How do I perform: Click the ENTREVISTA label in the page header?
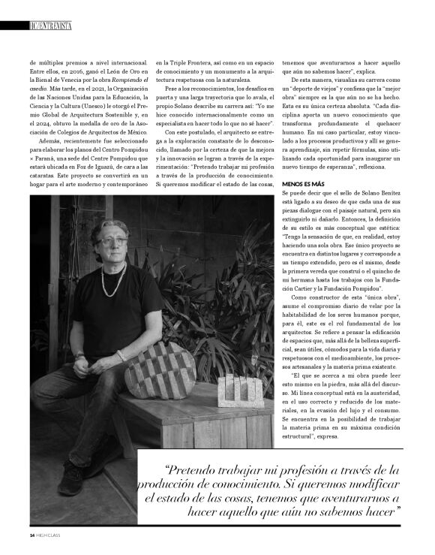click(x=53, y=25)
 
